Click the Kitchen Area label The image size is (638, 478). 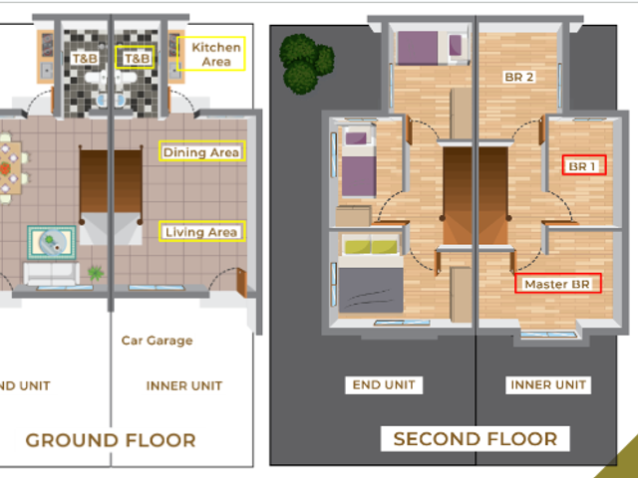coord(216,54)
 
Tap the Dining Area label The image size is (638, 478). coord(201,152)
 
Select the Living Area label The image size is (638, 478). coord(201,232)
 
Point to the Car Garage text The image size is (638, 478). coord(158,341)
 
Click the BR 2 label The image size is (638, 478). coord(518,77)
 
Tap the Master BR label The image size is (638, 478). coord(557,284)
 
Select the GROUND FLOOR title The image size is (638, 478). coord(111,440)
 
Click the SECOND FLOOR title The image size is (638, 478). coord(476,439)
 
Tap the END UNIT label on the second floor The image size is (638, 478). coord(384,385)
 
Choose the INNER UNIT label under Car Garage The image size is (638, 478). coord(184,385)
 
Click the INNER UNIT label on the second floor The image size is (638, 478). coord(548,384)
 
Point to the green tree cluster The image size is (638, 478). coord(306,64)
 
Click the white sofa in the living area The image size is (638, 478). coord(51,274)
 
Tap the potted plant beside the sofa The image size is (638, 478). coord(96,274)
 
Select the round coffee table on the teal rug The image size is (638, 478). coord(51,242)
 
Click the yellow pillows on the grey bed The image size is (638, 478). coord(371,247)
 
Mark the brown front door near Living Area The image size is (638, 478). coord(241,283)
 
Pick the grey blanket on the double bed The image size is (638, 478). coord(371,290)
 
